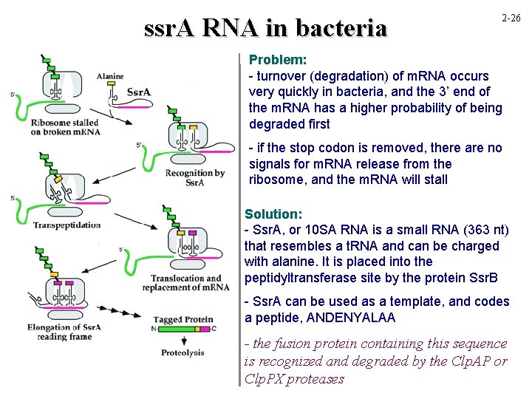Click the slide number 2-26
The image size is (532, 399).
[x=510, y=17]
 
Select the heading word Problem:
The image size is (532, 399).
[x=278, y=59]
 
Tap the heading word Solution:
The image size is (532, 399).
[x=273, y=214]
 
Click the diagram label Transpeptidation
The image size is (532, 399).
[x=67, y=225]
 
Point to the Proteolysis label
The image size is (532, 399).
[x=183, y=353]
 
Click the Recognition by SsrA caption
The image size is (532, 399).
[x=196, y=178]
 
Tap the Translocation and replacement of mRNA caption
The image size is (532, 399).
[x=190, y=282]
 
